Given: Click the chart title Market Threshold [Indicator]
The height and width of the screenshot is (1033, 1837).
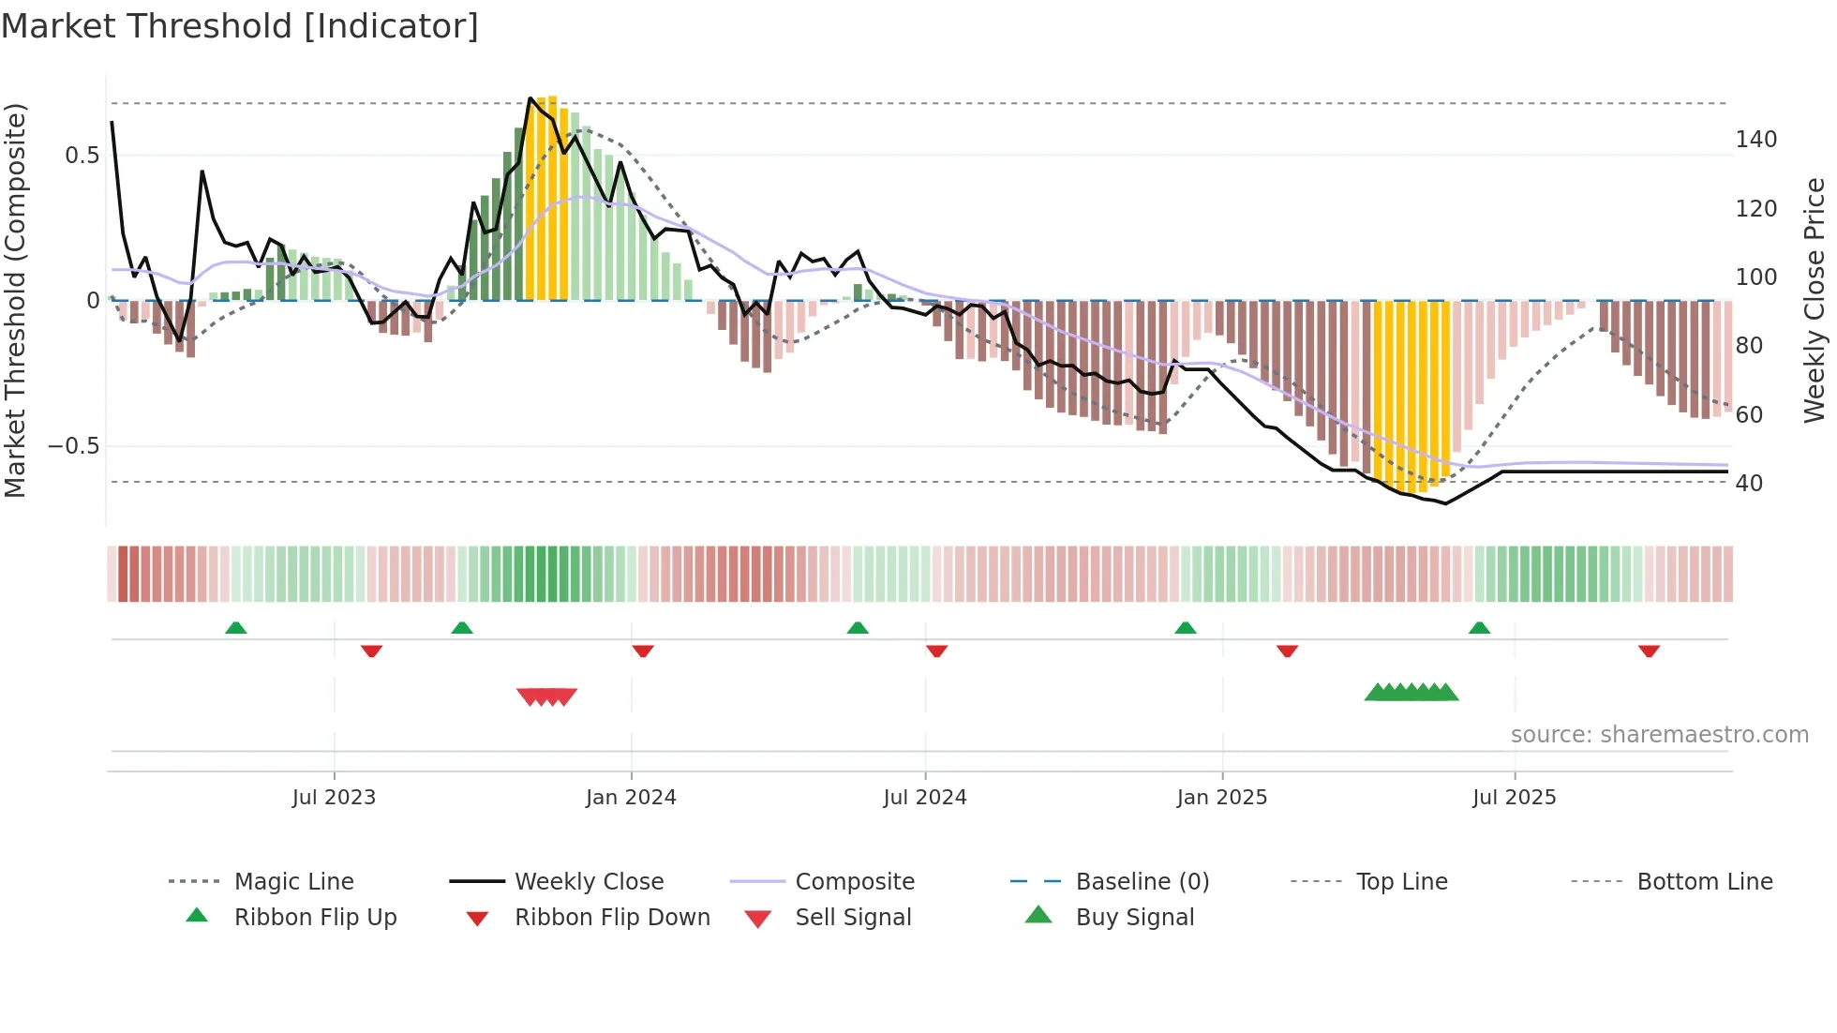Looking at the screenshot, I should [240, 26].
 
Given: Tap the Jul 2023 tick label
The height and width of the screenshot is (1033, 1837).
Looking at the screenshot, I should [334, 798].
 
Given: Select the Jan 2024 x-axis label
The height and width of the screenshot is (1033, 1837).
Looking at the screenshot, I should [631, 798].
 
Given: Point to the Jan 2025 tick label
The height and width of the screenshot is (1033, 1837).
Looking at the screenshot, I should [1221, 798].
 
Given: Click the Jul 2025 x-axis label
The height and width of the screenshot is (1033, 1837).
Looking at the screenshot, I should [1514, 798].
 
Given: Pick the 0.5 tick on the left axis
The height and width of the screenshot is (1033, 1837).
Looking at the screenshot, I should [82, 156].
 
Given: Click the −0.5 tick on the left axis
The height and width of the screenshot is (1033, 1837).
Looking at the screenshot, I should [74, 446].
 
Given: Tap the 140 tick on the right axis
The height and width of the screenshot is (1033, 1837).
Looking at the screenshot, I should [1755, 140].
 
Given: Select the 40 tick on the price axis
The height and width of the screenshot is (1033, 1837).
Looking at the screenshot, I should [1749, 484].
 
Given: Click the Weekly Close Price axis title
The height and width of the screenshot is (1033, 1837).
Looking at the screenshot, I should [1815, 300].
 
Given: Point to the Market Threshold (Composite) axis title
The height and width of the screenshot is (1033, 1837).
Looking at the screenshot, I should [16, 300].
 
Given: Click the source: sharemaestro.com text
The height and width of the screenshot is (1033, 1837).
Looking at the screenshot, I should [1659, 735].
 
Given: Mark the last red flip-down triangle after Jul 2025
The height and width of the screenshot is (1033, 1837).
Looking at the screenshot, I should [1649, 651].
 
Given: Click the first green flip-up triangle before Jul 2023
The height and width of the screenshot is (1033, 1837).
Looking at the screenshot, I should [236, 628].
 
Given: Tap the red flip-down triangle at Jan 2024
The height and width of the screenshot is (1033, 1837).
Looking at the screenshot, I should [643, 651].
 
